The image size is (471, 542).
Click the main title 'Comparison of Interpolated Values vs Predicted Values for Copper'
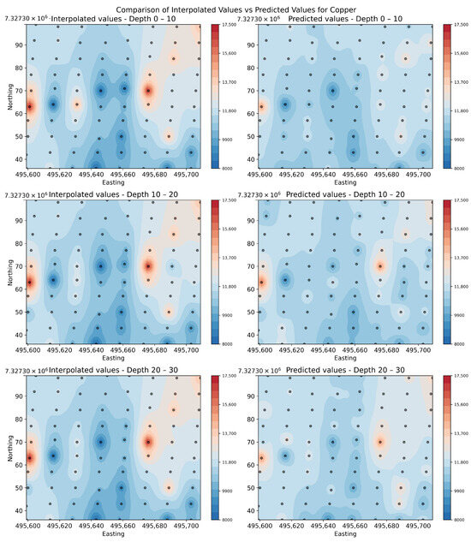(x=235, y=8)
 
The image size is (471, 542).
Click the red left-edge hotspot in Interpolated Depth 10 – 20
(x=31, y=281)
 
